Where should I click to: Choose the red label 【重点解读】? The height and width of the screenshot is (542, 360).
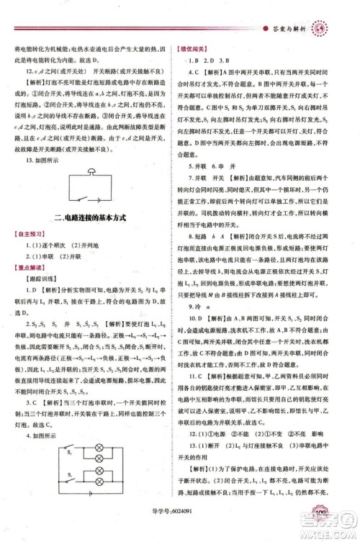[x=29, y=267]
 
